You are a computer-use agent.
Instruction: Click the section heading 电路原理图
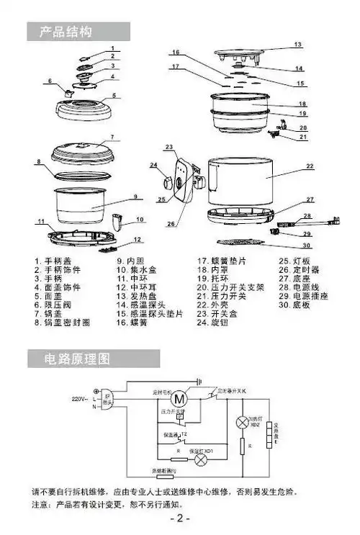click(76, 358)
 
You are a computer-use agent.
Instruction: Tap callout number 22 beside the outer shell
click(310, 166)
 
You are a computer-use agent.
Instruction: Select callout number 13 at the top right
click(297, 45)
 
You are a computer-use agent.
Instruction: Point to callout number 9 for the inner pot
click(134, 197)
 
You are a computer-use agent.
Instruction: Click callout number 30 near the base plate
click(307, 245)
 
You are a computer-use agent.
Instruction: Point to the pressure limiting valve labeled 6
click(70, 91)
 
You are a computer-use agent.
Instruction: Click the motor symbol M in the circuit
click(181, 398)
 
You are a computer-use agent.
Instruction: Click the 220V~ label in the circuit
click(80, 398)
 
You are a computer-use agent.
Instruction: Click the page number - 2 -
click(179, 518)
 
